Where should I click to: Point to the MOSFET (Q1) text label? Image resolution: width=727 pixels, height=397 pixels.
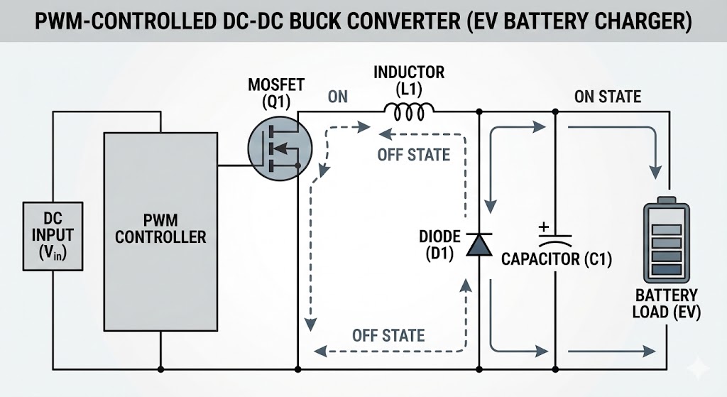[x=275, y=93]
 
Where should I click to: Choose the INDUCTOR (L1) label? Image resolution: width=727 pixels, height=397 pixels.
[x=409, y=80]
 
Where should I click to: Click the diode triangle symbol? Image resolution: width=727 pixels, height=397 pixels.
[x=480, y=244]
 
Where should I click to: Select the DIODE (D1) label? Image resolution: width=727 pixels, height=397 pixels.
[x=440, y=244]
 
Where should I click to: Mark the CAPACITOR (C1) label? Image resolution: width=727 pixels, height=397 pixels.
[x=556, y=259]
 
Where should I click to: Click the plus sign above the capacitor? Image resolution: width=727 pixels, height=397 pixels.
[x=544, y=227]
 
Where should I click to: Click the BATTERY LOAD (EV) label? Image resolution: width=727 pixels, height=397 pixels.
[x=666, y=303]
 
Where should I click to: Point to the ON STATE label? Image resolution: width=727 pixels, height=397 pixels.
[x=607, y=97]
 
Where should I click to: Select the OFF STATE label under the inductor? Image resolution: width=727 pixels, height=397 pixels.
[x=414, y=154]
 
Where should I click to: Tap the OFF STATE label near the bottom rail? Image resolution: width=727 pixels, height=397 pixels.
[x=388, y=335]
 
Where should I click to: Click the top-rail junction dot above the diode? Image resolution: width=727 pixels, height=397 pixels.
[x=480, y=112]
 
